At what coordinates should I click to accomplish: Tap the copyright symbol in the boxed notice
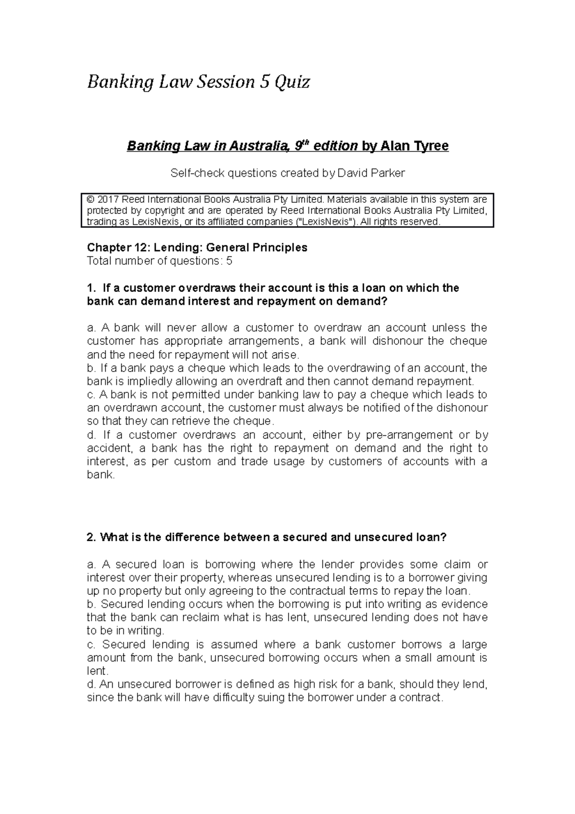90,199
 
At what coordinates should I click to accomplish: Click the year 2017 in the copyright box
108,199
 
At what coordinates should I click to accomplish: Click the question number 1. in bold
91,288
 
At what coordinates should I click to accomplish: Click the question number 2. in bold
91,537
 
